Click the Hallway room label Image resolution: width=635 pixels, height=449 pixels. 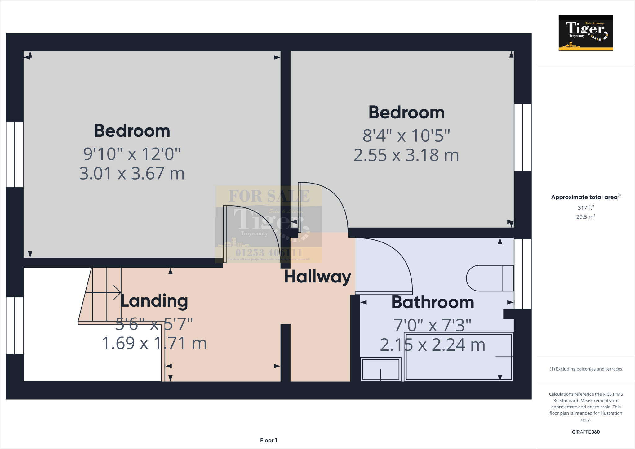[x=317, y=277]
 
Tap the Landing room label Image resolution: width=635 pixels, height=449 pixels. [x=154, y=301]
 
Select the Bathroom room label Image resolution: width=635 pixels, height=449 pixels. [x=433, y=302]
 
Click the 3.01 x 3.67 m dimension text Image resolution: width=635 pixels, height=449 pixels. [x=132, y=173]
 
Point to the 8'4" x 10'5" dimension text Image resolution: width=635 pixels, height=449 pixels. [x=406, y=136]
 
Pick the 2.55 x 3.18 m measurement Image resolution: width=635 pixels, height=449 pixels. [x=406, y=155]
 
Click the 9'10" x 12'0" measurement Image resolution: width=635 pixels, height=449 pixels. [x=132, y=154]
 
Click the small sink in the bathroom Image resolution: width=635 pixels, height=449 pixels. [x=381, y=369]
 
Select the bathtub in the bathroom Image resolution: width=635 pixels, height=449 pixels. [x=458, y=357]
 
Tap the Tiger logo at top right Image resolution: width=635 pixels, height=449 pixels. [x=586, y=33]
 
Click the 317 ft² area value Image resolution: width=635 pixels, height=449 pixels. [x=586, y=207]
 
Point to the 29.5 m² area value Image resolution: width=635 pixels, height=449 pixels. [x=586, y=217]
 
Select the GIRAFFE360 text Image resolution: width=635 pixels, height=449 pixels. [x=586, y=432]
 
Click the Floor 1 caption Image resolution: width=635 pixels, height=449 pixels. [x=269, y=440]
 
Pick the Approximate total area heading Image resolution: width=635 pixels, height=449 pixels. [x=585, y=197]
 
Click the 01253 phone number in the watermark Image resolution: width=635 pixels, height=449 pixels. [x=269, y=252]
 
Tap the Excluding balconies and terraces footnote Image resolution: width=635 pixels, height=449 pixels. [x=586, y=369]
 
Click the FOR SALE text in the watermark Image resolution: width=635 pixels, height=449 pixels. [x=269, y=196]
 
